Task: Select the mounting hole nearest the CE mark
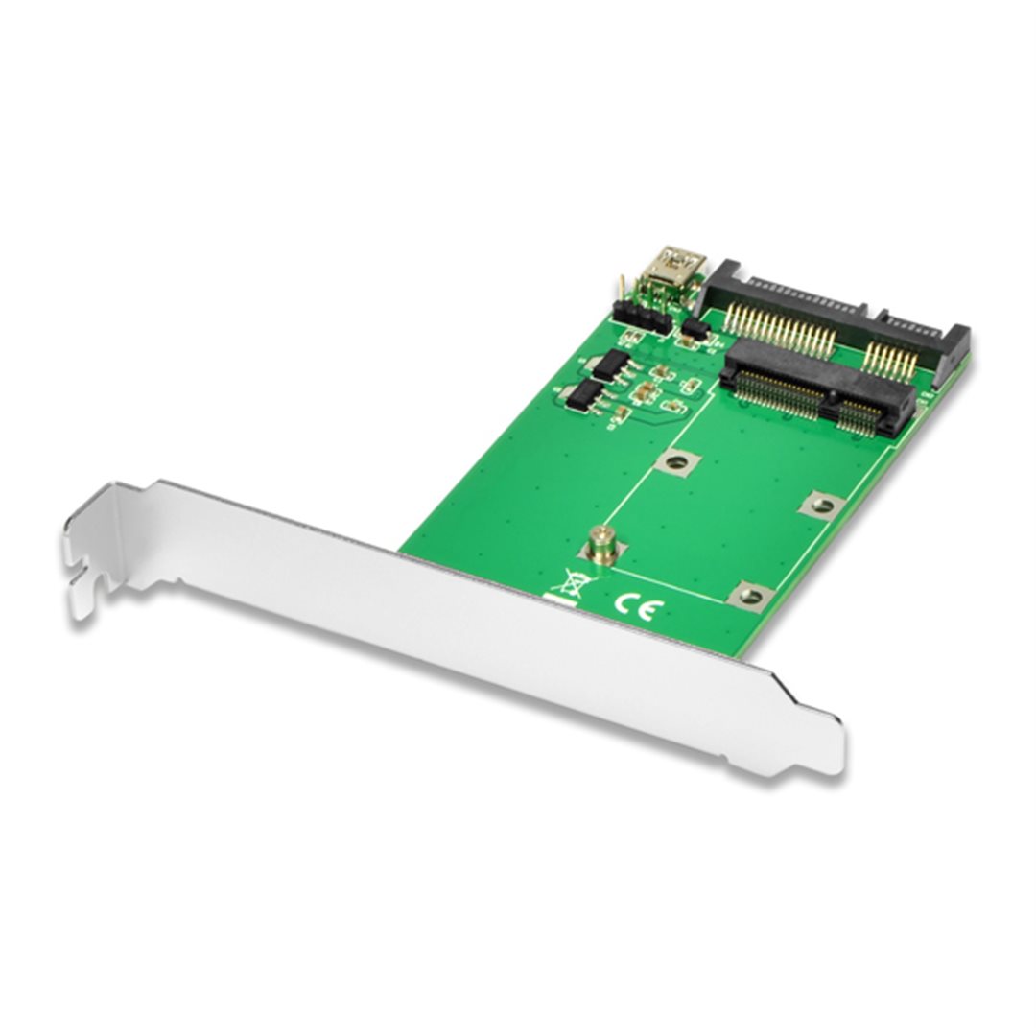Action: (748, 596)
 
